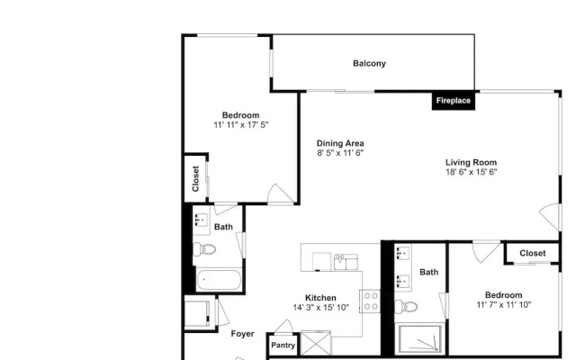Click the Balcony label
[x=369, y=64]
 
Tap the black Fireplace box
[x=454, y=101]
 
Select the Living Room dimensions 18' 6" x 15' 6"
[x=472, y=172]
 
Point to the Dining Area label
[x=340, y=143]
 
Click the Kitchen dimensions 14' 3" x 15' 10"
[x=320, y=308]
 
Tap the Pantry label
[x=283, y=346]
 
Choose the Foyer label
[x=242, y=334]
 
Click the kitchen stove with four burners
[x=370, y=301]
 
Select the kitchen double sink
[x=346, y=262]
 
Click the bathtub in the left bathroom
[x=219, y=280]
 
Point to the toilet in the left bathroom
[x=204, y=249]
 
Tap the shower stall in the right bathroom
[x=419, y=338]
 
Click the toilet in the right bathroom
[x=406, y=306]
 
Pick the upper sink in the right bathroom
[x=402, y=253]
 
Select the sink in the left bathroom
[x=201, y=220]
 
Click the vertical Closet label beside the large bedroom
[x=195, y=179]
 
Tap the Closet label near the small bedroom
[x=533, y=254]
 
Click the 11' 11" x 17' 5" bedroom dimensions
[x=241, y=125]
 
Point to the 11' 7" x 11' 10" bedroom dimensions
[x=504, y=305]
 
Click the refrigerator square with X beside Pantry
[x=316, y=343]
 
